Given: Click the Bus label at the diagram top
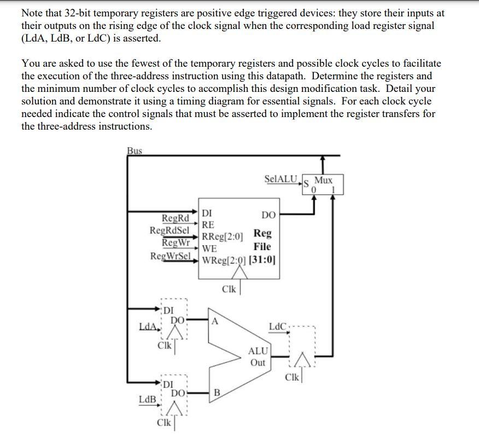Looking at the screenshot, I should [x=134, y=150].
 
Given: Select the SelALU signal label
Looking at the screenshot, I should [x=281, y=179].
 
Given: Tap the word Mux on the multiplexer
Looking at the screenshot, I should [x=323, y=180].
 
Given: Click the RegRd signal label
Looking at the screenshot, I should [x=175, y=219].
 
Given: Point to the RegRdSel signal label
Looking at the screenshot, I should [x=169, y=230].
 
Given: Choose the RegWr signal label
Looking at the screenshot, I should [x=176, y=242].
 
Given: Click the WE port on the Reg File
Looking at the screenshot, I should [x=209, y=248].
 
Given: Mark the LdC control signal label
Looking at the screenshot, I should [x=277, y=327].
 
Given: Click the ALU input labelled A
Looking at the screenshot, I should [x=215, y=322].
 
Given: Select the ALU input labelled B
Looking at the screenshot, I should [x=217, y=392].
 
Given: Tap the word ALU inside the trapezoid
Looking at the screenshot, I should [x=258, y=351].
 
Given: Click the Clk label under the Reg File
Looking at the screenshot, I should [x=229, y=289].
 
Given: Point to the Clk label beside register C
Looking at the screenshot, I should [x=293, y=377].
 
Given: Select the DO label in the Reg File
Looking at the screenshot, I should [x=268, y=215].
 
